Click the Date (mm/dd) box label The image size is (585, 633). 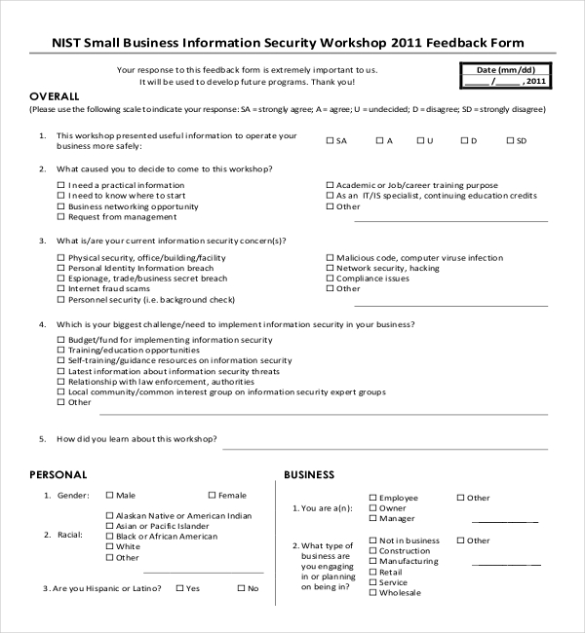click(506, 70)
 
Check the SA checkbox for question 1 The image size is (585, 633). click(330, 141)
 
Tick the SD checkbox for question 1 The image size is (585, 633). click(509, 141)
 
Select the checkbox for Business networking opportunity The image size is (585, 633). click(61, 206)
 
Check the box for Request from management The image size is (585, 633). click(61, 217)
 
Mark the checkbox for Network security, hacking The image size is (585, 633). click(330, 268)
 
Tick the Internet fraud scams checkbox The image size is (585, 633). click(61, 289)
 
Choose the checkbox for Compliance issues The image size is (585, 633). click(330, 279)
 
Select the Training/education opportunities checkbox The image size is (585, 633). click(61, 350)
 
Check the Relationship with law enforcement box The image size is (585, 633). click(61, 381)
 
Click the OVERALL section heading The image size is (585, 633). click(55, 96)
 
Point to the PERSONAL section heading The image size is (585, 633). click(58, 474)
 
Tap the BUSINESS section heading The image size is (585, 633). click(310, 474)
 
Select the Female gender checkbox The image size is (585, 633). click(212, 495)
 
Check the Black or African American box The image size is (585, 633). click(109, 537)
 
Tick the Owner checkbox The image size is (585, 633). click(372, 508)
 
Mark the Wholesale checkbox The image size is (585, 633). click(372, 592)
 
